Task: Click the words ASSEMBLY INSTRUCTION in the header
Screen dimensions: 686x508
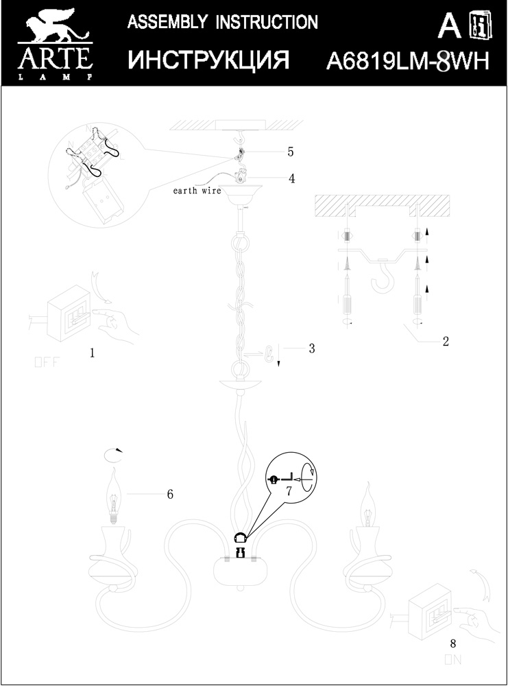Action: click(x=223, y=23)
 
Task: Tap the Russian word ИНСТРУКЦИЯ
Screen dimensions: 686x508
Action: click(x=208, y=61)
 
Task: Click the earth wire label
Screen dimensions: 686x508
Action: click(x=197, y=191)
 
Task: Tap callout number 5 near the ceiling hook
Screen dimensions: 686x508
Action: click(x=290, y=151)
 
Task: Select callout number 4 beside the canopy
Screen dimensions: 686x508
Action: click(x=291, y=178)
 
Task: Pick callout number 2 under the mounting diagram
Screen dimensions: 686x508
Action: click(x=445, y=341)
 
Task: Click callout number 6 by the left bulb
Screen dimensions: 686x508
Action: click(x=169, y=493)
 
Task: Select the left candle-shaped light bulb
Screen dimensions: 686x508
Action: click(x=114, y=497)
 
